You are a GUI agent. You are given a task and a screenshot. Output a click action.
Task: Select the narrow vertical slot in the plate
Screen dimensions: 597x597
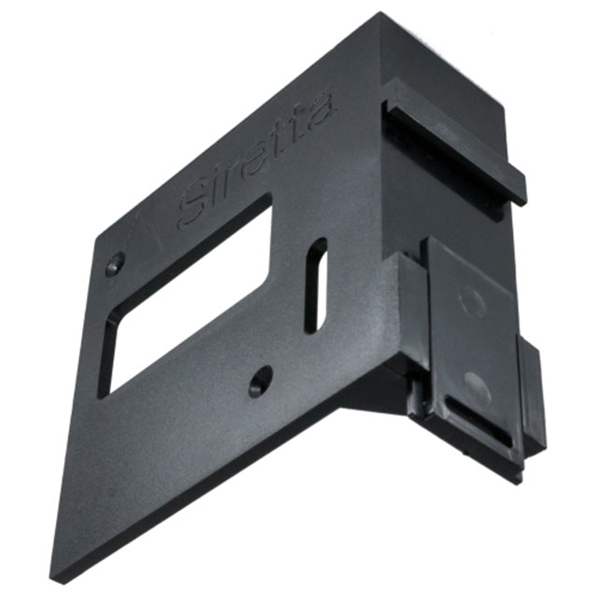click(316, 285)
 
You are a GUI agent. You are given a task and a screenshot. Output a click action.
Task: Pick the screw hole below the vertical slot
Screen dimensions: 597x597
click(260, 380)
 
